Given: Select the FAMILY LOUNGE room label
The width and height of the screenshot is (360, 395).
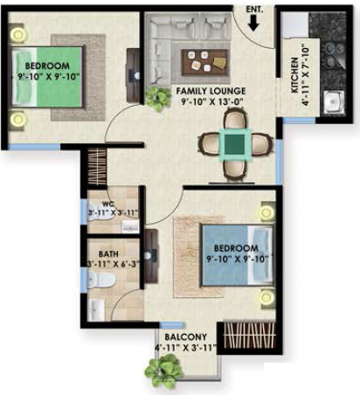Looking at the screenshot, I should coord(210,90).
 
